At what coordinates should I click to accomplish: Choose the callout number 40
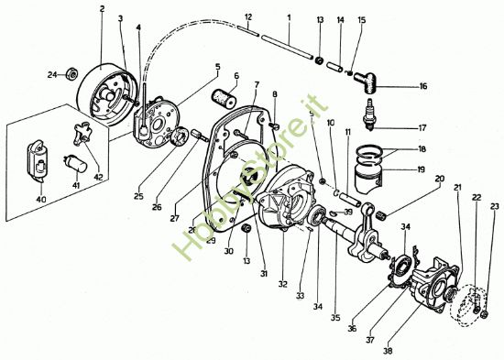39,200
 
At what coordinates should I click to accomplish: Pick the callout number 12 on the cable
249,17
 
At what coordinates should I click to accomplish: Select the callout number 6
236,76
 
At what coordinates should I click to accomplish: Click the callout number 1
289,17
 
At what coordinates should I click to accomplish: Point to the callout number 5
217,66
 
